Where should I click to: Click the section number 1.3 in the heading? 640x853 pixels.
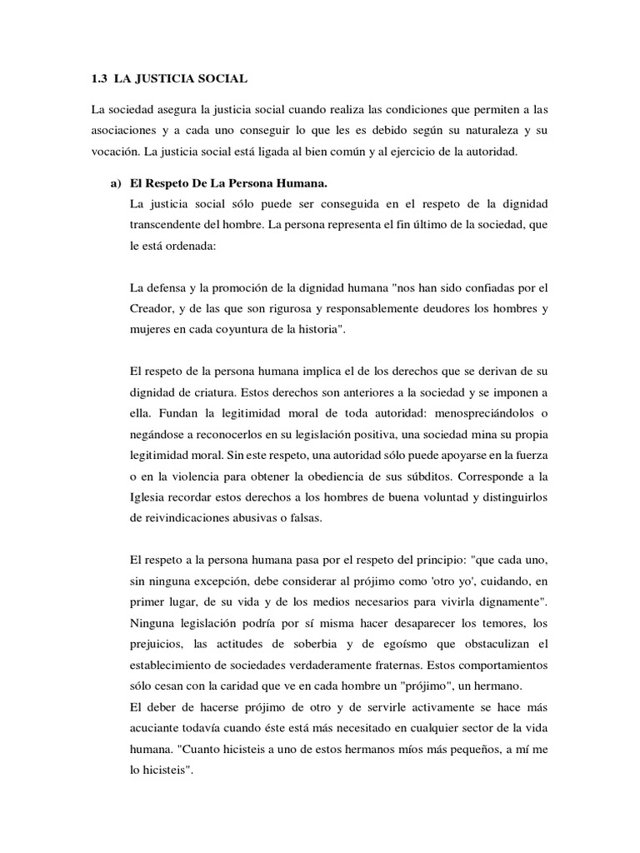click(100, 79)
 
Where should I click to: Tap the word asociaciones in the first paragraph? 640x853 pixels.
click(127, 132)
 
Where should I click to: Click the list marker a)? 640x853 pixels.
click(115, 183)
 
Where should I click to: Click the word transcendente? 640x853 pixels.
click(171, 225)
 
